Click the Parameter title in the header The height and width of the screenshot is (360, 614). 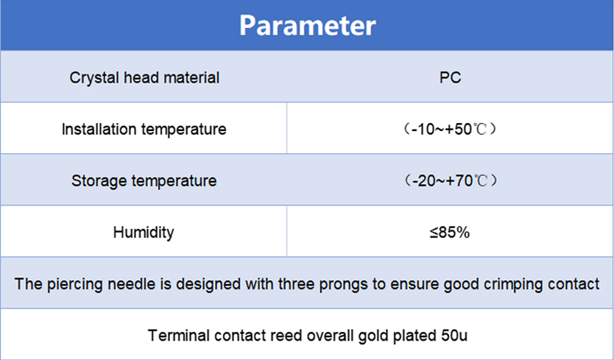pos(308,26)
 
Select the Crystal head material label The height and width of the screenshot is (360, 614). pos(144,77)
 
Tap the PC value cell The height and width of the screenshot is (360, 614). pos(450,77)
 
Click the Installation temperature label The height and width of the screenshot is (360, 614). pos(144,129)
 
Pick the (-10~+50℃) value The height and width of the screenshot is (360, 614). pos(450,129)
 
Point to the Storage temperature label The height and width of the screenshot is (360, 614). pos(144,180)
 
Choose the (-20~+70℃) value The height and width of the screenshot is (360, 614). pos(451,180)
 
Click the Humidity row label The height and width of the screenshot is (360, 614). pos(144,233)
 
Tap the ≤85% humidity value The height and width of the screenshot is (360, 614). pos(450,233)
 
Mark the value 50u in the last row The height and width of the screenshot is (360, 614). pos(454,336)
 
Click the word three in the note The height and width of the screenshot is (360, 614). pos(296,284)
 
